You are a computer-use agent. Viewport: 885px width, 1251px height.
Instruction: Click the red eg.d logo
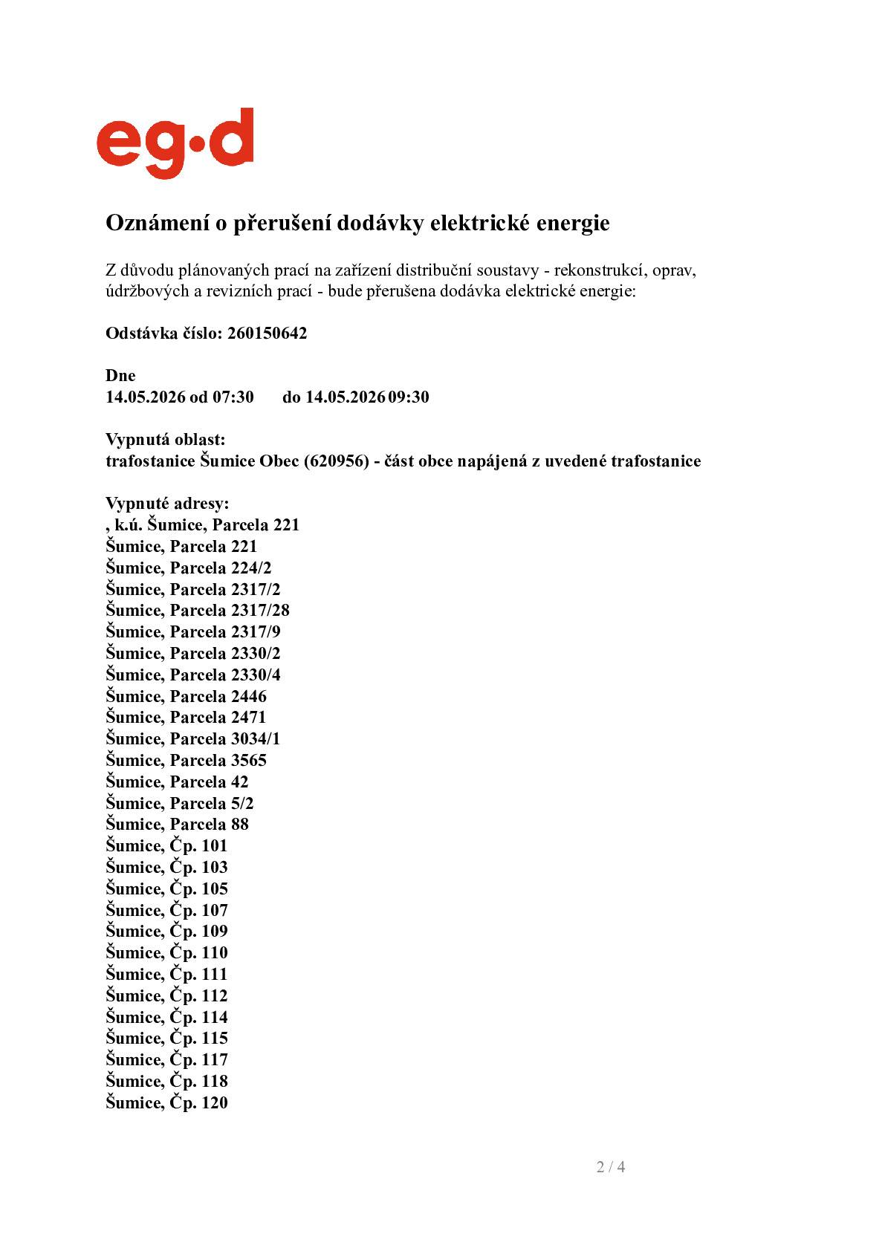click(x=175, y=143)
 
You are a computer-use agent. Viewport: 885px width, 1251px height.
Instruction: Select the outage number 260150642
click(x=267, y=333)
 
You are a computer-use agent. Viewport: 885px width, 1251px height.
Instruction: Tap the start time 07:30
click(x=233, y=397)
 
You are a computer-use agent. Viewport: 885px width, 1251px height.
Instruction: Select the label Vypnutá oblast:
click(x=165, y=440)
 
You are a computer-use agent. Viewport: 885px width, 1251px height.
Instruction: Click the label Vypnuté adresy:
click(x=167, y=504)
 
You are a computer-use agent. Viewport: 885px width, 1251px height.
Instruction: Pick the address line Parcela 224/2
click(x=188, y=568)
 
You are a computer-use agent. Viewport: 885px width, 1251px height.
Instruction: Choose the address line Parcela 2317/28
click(x=197, y=611)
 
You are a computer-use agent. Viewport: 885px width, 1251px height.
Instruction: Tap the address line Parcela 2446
click(x=186, y=697)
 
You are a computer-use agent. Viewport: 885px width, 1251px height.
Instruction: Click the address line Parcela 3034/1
click(x=192, y=739)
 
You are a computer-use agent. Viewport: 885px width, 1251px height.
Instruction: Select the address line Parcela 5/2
click(x=179, y=804)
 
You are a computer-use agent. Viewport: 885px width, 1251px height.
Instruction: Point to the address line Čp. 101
click(x=166, y=846)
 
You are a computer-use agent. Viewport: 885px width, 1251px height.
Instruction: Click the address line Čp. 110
click(x=166, y=953)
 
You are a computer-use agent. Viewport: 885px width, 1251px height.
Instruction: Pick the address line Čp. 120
click(x=166, y=1103)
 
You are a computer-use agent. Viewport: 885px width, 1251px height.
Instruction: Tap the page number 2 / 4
click(x=610, y=1167)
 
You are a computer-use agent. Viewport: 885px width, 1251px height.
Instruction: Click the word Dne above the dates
click(x=120, y=376)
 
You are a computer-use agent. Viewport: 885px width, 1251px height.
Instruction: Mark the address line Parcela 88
click(x=177, y=825)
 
